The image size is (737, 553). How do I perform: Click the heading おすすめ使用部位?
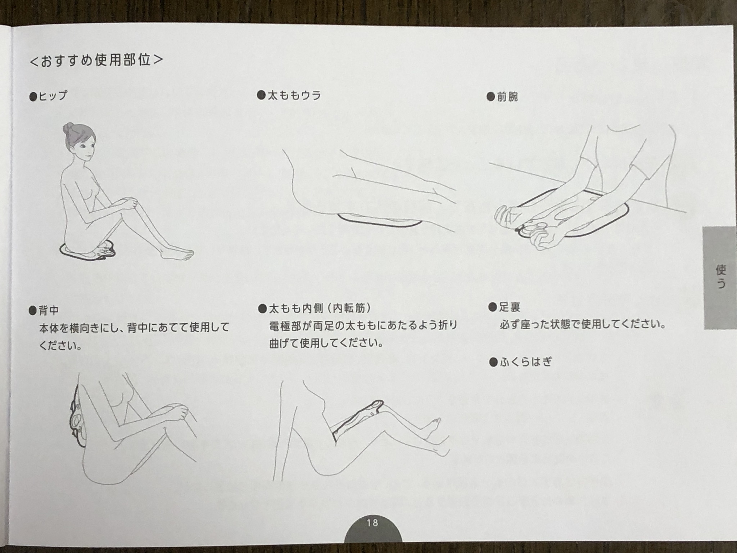point(96,60)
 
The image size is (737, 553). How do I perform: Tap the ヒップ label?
point(53,96)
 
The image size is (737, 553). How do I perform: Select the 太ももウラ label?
point(294,96)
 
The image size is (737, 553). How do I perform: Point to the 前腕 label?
point(507,97)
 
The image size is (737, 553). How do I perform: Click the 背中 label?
point(49,310)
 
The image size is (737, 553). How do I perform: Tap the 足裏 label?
point(510,307)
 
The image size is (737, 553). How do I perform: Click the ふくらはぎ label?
point(526,362)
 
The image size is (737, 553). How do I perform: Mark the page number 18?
point(373,522)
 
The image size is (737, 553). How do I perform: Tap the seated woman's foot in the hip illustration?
point(178,253)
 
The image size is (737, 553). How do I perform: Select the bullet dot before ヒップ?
point(33,97)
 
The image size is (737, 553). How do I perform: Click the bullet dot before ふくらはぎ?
point(493,362)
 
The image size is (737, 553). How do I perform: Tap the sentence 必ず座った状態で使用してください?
point(582,324)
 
